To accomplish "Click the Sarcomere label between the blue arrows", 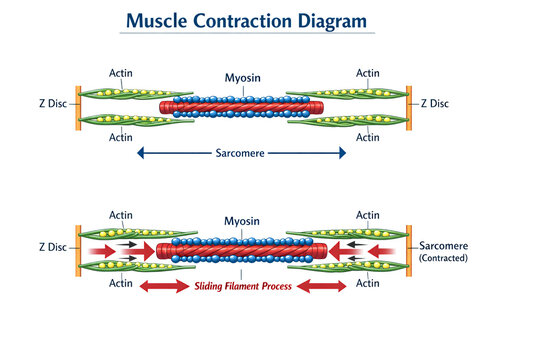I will point(242,153).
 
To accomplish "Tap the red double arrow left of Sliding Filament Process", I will point(164,286).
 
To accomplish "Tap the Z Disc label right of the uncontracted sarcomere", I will point(437,102).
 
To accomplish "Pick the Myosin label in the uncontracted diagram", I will point(242,76).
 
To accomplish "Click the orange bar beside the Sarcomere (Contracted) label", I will point(408,250).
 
